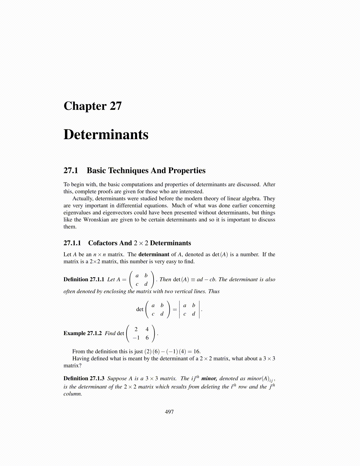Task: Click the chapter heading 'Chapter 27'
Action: (x=92, y=106)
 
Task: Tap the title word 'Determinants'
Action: (x=106, y=134)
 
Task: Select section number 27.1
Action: (x=71, y=171)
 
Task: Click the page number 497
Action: (x=169, y=412)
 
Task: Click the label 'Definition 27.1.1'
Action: (x=84, y=279)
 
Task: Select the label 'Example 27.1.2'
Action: (x=82, y=333)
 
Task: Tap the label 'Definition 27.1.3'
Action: (x=84, y=379)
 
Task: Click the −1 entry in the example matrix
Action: (x=136, y=338)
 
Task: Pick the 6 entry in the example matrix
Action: (x=147, y=338)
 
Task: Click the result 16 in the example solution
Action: (x=196, y=352)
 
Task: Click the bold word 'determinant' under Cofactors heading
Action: (x=154, y=254)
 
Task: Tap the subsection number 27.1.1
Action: (x=72, y=243)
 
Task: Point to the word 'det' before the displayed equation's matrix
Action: (x=140, y=309)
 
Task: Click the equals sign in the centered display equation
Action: (x=175, y=309)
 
